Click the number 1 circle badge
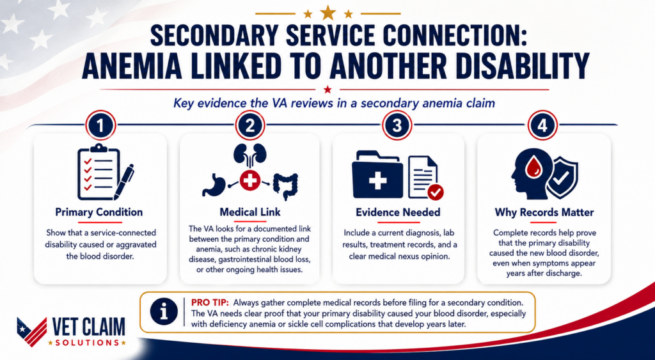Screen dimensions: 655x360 point(100,125)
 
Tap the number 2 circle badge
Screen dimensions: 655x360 point(250,125)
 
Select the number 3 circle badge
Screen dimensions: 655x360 point(397,125)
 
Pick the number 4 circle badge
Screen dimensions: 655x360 point(542,125)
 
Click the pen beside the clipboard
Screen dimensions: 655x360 point(124,181)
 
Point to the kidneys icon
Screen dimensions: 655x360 point(250,155)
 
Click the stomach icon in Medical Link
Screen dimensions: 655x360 point(214,184)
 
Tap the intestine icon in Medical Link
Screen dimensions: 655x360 point(286,187)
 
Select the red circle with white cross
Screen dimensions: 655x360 point(250,180)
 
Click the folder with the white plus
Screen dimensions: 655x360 point(377,175)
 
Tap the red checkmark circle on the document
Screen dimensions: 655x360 point(436,192)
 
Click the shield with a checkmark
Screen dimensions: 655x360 point(562,179)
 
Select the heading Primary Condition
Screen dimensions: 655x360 point(99,212)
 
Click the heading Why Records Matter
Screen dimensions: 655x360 point(544,212)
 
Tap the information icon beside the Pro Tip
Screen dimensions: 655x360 point(164,311)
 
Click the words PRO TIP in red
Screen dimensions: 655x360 point(210,302)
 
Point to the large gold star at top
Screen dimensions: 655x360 point(328,13)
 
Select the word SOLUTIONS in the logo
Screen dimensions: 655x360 point(87,343)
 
